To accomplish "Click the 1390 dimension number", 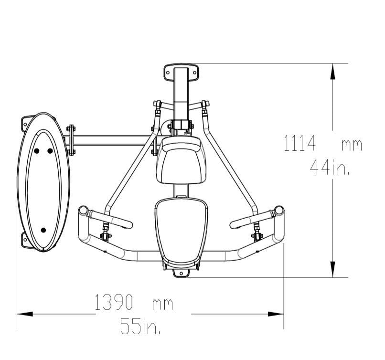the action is point(114,302).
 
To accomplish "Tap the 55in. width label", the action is point(140,326).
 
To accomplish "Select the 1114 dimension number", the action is point(299,143).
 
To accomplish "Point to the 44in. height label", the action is point(330,167).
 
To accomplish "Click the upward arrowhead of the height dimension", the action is point(332,71).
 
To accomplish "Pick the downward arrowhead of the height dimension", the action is point(332,269).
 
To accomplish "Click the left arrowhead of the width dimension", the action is point(25,314).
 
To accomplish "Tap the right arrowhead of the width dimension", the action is point(276,314).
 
